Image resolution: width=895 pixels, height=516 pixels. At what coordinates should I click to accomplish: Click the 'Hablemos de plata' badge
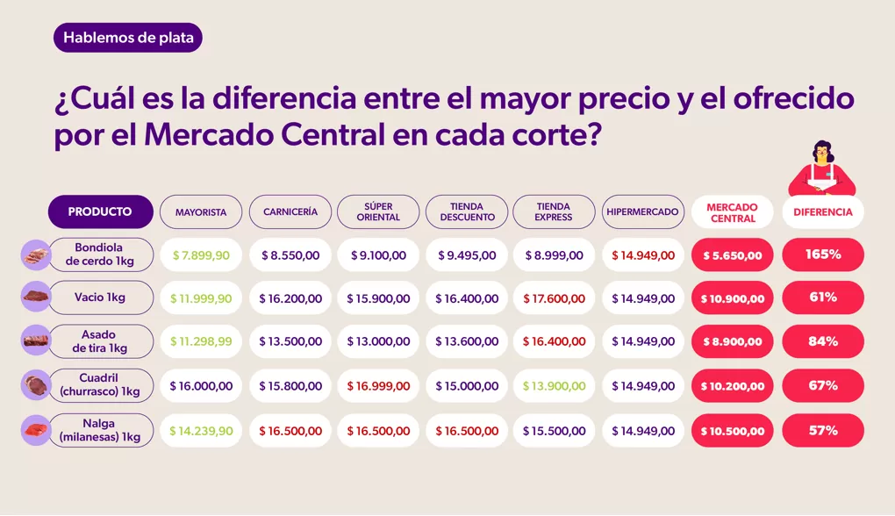pyautogui.click(x=128, y=37)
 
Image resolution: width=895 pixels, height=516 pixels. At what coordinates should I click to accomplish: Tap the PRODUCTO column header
pyautogui.click(x=100, y=211)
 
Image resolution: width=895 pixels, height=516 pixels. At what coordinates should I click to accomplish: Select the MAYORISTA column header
pyautogui.click(x=201, y=212)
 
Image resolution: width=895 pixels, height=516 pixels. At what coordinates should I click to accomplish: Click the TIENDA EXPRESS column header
pyautogui.click(x=554, y=212)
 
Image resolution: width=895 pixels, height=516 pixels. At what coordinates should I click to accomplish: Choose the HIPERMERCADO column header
pyautogui.click(x=643, y=212)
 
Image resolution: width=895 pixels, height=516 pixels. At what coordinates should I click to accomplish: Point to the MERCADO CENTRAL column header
pyautogui.click(x=733, y=212)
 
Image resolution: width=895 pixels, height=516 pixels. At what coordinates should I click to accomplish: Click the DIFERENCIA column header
pyautogui.click(x=822, y=212)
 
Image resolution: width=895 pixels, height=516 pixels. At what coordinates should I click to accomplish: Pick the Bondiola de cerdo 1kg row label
pyautogui.click(x=100, y=254)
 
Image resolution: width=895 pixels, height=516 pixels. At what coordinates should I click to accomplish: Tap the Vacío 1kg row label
pyautogui.click(x=100, y=297)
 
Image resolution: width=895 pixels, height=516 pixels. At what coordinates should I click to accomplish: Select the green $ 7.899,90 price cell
pyautogui.click(x=201, y=255)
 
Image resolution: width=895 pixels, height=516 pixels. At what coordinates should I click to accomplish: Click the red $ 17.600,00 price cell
pyautogui.click(x=554, y=298)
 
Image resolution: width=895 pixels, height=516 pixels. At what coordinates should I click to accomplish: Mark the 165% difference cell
pyautogui.click(x=822, y=254)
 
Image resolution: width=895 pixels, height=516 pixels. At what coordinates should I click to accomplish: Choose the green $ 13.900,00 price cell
pyautogui.click(x=554, y=386)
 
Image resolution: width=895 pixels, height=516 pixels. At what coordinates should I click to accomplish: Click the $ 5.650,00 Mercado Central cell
pyautogui.click(x=733, y=255)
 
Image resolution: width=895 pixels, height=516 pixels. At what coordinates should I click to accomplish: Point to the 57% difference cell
pyautogui.click(x=822, y=430)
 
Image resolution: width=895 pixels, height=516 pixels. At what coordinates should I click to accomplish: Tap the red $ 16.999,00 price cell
pyautogui.click(x=378, y=386)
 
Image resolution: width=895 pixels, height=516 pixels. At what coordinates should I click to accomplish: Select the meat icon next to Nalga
pyautogui.click(x=35, y=430)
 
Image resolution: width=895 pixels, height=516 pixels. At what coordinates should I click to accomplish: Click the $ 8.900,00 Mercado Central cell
pyautogui.click(x=733, y=342)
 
